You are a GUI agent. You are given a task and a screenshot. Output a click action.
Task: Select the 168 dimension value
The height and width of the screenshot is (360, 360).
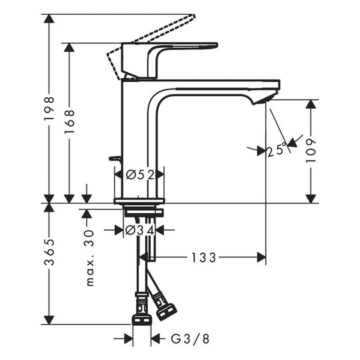coord(70,122)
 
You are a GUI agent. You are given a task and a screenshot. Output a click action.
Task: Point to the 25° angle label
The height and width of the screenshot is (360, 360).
coord(277,150)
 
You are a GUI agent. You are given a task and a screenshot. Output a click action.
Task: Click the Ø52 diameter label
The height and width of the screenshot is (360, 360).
coord(140,175)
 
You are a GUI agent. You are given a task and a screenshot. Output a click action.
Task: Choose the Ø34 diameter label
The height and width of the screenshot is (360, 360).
coord(140,230)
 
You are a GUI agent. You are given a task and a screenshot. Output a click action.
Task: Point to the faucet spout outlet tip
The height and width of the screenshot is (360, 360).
coord(267,99)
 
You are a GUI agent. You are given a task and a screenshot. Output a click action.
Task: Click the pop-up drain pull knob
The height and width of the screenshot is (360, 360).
coord(115,158)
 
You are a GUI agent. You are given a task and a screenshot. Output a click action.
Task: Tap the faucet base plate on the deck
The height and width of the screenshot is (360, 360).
coord(140,199)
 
